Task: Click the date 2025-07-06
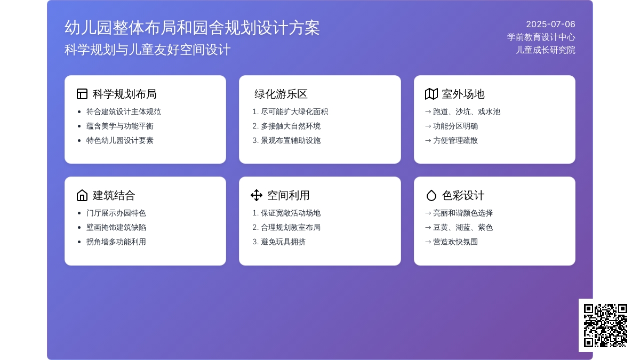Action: click(550, 25)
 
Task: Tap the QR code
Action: click(605, 325)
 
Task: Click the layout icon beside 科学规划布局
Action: click(82, 94)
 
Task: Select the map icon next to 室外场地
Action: click(431, 94)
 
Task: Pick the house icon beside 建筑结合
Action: click(82, 195)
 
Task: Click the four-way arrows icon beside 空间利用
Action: click(257, 195)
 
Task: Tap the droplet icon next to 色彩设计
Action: click(431, 196)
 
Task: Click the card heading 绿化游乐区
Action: click(281, 94)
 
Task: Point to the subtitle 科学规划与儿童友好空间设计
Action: click(147, 50)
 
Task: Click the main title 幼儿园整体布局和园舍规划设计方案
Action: click(193, 28)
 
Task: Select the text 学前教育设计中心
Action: click(541, 37)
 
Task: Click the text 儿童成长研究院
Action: click(546, 50)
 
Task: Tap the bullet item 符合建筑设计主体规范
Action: click(123, 111)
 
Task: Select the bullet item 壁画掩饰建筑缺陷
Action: click(116, 227)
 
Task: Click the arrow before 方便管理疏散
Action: click(428, 141)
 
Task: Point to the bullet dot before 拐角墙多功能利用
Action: click(79, 242)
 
